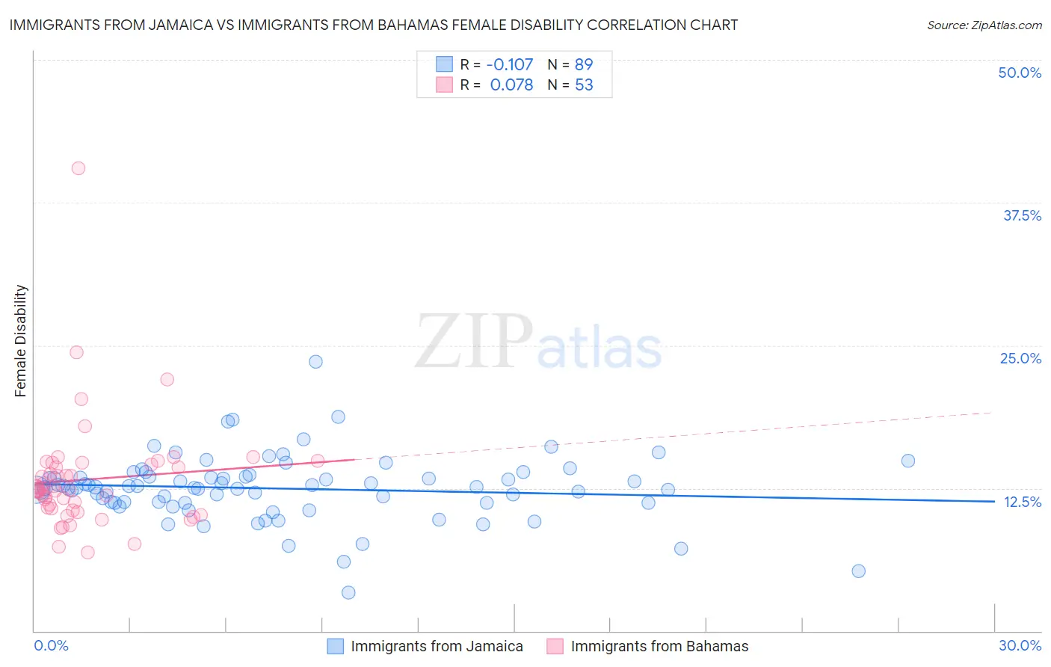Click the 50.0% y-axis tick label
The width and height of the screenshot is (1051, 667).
coord(1019,73)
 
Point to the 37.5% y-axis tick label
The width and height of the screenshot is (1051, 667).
coord(1021,215)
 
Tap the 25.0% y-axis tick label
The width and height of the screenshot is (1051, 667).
coord(1020,358)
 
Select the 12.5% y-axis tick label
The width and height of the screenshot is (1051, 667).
coord(1022,502)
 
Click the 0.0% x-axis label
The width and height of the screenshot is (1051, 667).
coord(51,645)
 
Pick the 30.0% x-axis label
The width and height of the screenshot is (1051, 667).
coord(1020,645)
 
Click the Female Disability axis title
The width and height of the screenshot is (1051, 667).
coord(21,341)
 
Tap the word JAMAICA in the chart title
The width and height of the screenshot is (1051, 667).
coord(182,25)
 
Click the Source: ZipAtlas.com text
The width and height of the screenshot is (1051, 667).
coord(984,25)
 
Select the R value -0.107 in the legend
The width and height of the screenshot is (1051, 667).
coord(510,64)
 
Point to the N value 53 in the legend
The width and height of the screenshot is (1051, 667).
coord(584,84)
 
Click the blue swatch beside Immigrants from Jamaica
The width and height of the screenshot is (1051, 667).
coord(335,646)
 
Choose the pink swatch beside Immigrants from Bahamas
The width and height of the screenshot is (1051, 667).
coord(555,646)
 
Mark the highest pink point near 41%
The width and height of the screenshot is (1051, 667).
coord(78,168)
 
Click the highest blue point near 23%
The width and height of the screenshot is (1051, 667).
coord(315,362)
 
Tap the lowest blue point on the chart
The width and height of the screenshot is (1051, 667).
coord(348,592)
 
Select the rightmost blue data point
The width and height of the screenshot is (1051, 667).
coord(908,461)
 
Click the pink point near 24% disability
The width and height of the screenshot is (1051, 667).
coord(76,352)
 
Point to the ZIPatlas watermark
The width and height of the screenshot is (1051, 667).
coord(538,342)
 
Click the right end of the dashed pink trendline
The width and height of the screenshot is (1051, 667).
coord(991,412)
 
